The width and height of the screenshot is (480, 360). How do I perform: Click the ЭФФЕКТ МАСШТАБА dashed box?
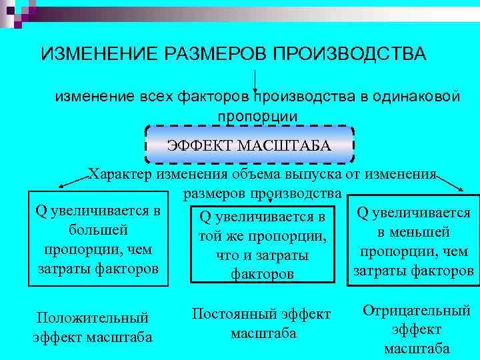tap(249, 144)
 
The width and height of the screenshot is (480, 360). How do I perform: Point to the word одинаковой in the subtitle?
tap(419, 97)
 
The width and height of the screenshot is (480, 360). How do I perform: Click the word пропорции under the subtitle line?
tap(257, 115)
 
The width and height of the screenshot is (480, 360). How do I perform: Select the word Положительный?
tap(92, 319)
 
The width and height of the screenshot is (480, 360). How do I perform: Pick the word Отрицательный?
tap(417, 311)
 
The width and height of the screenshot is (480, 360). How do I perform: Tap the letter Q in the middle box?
tap(205, 217)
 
